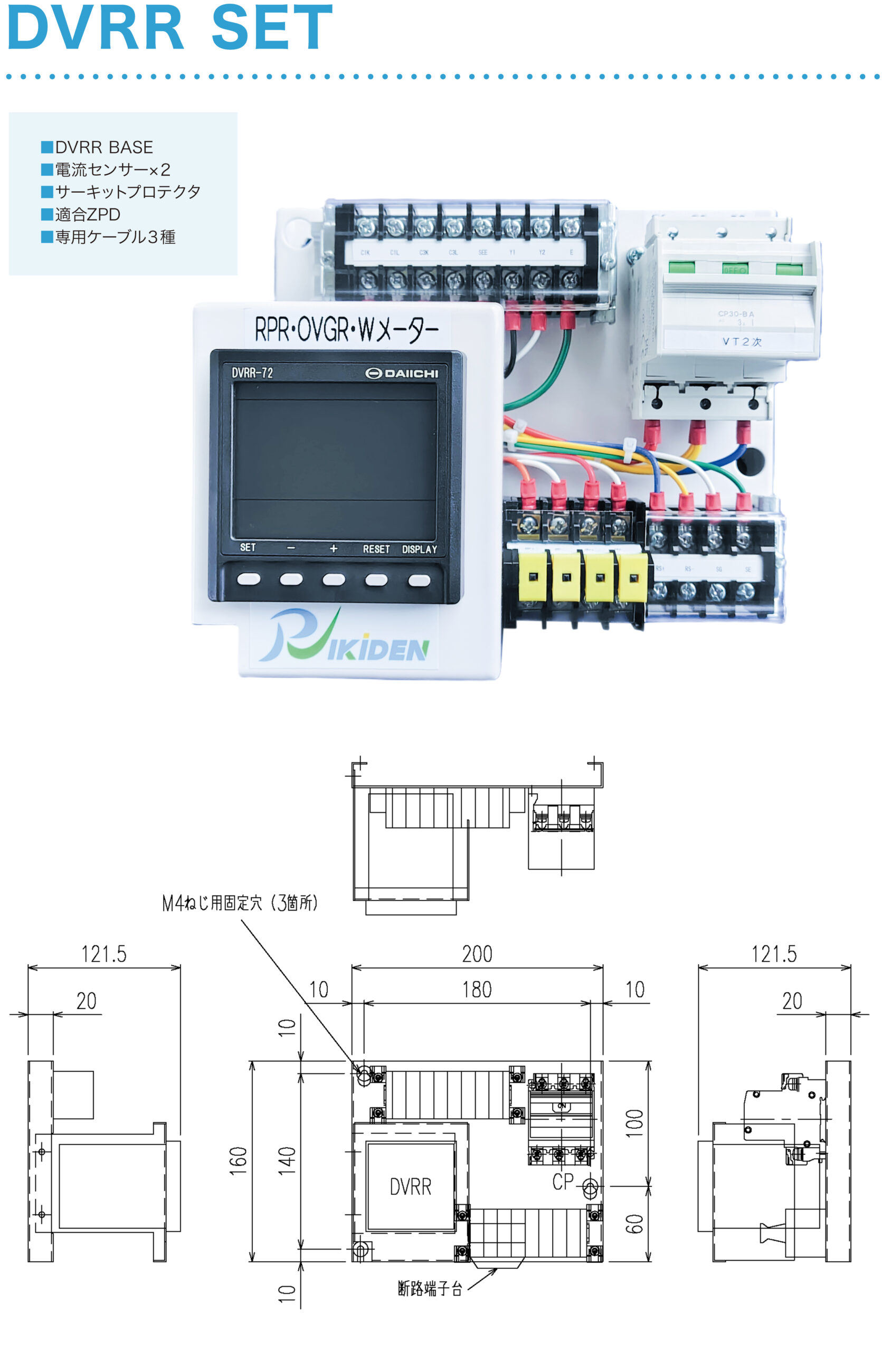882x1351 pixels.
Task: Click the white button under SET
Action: point(249,579)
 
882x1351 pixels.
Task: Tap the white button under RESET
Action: point(376,579)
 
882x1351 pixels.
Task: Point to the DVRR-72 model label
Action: point(252,373)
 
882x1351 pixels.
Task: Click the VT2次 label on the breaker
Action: point(741,342)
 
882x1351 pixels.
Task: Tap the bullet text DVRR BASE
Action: point(104,148)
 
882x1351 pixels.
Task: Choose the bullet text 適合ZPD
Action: point(88,215)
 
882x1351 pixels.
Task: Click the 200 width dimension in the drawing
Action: point(477,954)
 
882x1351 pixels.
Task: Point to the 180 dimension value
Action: point(477,990)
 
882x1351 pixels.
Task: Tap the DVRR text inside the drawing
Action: point(410,1187)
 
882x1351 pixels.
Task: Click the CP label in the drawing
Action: point(563,1182)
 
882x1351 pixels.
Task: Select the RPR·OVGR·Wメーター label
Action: point(346,329)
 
